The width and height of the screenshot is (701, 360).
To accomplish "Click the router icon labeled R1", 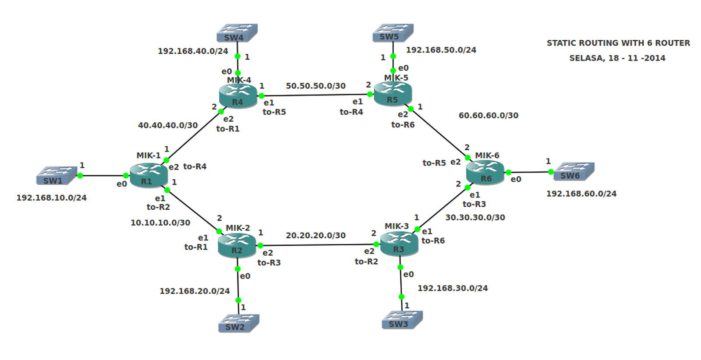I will click(149, 175).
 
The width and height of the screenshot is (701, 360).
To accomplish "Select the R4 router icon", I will click(238, 96).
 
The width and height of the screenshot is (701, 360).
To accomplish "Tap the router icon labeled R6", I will click(485, 173).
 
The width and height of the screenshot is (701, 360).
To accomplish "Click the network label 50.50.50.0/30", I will click(315, 86).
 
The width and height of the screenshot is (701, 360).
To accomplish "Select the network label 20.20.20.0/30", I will click(315, 235).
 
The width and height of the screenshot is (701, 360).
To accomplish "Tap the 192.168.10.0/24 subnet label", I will click(51, 198).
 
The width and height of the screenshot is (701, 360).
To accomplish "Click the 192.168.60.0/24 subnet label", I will click(581, 194).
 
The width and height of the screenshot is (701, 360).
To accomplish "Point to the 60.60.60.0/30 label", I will click(488, 115).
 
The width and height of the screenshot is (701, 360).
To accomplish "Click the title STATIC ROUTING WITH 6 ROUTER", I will click(618, 43).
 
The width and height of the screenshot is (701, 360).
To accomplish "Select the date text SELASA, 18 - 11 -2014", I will click(617, 58).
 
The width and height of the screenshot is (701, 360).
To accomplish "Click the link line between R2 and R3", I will click(318, 245).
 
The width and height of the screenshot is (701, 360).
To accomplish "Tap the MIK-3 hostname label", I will click(397, 226).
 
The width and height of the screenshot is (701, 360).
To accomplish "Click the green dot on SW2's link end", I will click(238, 300).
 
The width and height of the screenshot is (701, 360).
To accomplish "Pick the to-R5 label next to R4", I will click(274, 112).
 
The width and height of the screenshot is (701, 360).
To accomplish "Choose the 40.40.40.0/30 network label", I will click(168, 125).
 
